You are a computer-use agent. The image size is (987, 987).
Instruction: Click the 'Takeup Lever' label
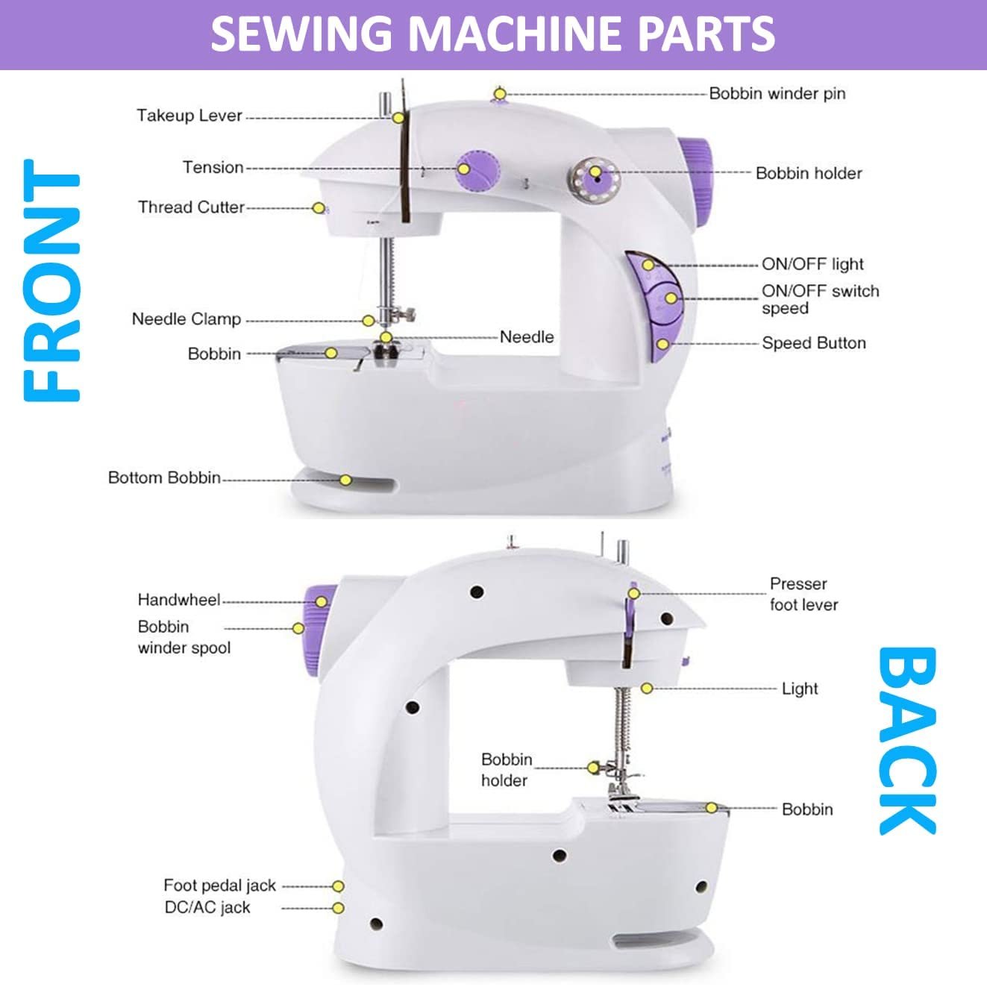coord(189,116)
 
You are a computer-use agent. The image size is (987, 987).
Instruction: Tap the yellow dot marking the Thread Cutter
coord(319,208)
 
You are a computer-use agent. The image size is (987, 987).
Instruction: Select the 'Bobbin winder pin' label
coord(777,94)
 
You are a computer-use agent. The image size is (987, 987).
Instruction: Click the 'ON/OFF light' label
coord(812,264)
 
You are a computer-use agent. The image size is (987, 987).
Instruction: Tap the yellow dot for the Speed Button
coord(662,344)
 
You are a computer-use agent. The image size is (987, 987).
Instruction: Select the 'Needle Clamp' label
coord(187,319)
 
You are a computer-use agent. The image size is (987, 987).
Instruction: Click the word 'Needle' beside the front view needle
coord(527,337)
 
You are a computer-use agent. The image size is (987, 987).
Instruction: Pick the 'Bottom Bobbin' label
coord(164,477)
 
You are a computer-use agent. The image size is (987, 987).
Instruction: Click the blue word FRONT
coord(51,281)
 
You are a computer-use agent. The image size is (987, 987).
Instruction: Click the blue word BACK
coord(907,740)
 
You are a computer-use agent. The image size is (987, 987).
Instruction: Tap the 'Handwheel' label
coord(179,600)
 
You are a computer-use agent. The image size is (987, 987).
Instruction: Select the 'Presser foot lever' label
coord(803,595)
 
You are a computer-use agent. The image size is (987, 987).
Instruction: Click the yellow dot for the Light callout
coord(647,689)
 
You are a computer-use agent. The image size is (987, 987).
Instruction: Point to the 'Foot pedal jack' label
coord(219,886)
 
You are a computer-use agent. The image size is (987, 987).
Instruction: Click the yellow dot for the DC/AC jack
coord(338,908)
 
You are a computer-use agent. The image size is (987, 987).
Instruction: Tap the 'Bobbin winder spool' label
coord(184,637)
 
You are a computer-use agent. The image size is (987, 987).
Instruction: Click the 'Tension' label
coord(213,168)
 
